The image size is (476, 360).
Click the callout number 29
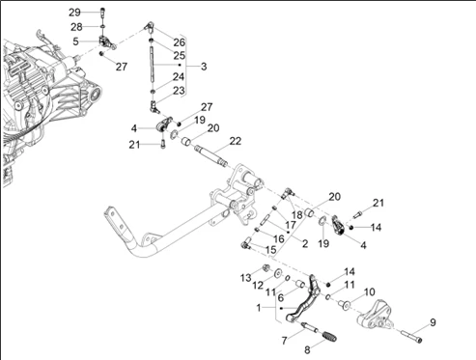74,13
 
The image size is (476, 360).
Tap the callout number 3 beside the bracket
204,67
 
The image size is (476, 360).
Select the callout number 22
236,141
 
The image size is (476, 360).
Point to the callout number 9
433,322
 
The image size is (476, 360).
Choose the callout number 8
307,349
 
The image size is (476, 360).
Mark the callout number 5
75,42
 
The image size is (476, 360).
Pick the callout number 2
305,243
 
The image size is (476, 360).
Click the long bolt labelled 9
411,336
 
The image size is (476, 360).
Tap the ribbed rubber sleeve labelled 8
329,336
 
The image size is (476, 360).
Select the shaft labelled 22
210,155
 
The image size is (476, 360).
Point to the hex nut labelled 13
266,267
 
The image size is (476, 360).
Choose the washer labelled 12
277,274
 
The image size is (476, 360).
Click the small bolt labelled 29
102,13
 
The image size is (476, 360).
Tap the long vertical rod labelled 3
152,65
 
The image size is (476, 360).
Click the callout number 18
297,214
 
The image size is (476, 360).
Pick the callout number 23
179,91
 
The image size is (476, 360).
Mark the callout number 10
369,291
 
